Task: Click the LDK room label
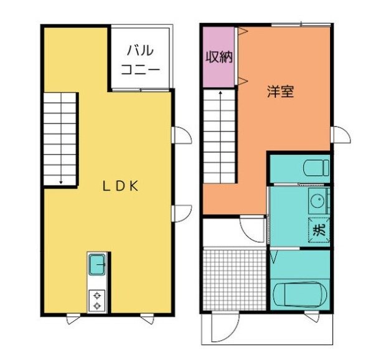coord(120,186)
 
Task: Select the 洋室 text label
coord(280,92)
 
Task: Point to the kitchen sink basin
coord(96,266)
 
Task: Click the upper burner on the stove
coord(96,295)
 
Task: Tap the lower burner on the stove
coord(96,306)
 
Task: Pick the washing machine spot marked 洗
coord(318,229)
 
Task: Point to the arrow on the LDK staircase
coord(61,182)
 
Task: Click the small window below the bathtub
coord(312,318)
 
